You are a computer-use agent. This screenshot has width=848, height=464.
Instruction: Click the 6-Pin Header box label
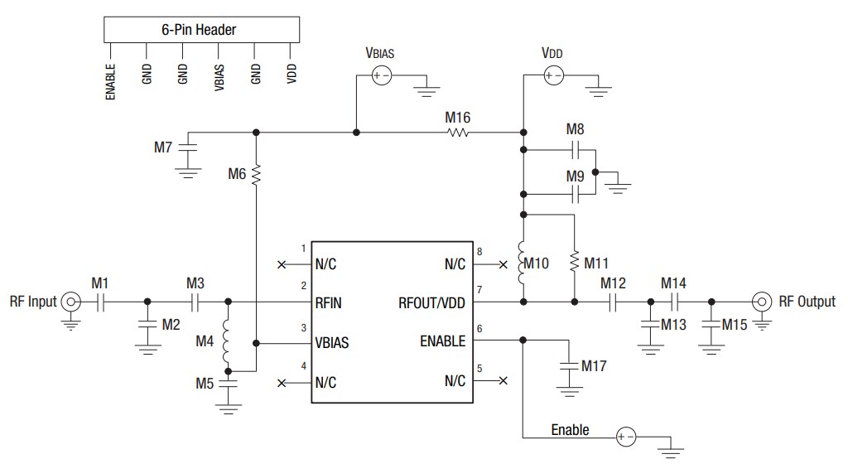(199, 30)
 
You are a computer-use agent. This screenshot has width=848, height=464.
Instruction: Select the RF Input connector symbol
(71, 302)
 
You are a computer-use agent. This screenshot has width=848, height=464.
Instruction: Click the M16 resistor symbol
(458, 132)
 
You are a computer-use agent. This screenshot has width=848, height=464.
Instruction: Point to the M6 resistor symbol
(257, 174)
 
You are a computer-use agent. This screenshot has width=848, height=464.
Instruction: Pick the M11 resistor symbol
(573, 263)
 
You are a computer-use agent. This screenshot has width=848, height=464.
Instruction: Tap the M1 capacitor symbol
(99, 302)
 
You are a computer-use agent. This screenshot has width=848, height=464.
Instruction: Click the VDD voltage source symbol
(552, 76)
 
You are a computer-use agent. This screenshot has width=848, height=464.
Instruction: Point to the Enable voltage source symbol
(626, 437)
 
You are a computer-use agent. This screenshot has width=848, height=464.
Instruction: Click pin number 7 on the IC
(479, 289)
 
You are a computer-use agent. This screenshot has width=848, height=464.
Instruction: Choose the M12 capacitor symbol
(614, 302)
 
